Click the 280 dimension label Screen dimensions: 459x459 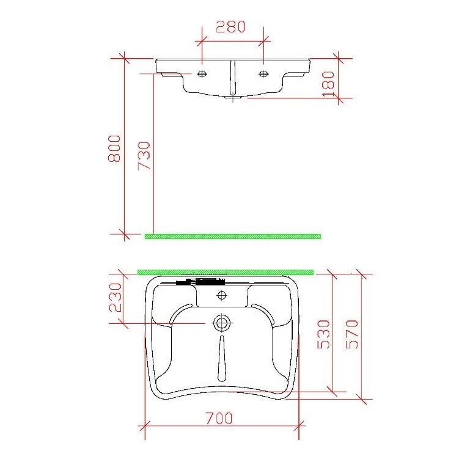[230, 27]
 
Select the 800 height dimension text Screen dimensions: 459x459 [114, 149]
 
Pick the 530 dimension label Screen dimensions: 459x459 [324, 333]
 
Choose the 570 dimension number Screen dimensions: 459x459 [353, 333]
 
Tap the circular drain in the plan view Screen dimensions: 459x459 [221, 323]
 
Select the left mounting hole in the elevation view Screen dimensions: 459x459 [202, 74]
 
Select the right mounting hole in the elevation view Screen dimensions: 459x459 [263, 74]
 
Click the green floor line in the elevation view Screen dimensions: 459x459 [232, 237]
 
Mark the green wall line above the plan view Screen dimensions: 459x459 [226, 271]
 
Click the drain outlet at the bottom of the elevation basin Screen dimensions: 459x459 [232, 97]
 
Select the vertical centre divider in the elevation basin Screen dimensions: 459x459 [232, 76]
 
